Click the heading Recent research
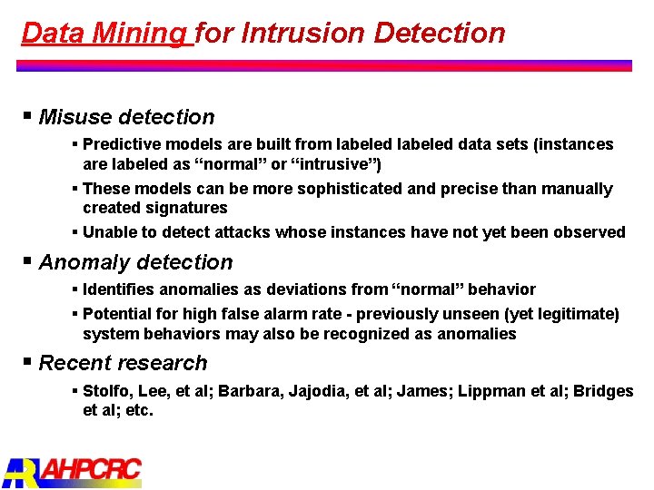[123, 363]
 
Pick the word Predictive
[123, 144]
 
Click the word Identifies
[119, 289]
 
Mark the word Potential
[117, 314]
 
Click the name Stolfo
[106, 391]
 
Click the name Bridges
[602, 391]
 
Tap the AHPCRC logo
[73, 470]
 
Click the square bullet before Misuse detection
[29, 116]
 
